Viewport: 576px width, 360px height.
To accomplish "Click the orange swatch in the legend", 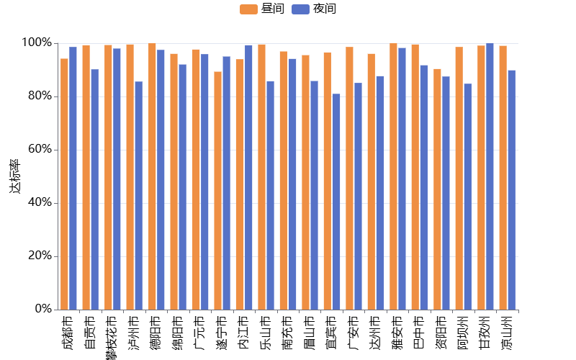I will click(248, 9).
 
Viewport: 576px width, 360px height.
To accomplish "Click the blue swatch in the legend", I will click(300, 9).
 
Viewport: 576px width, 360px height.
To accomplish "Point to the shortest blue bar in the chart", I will click(336, 202).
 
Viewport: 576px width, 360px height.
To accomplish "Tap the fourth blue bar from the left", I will click(138, 195).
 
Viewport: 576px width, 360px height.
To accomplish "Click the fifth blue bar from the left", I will click(161, 179).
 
